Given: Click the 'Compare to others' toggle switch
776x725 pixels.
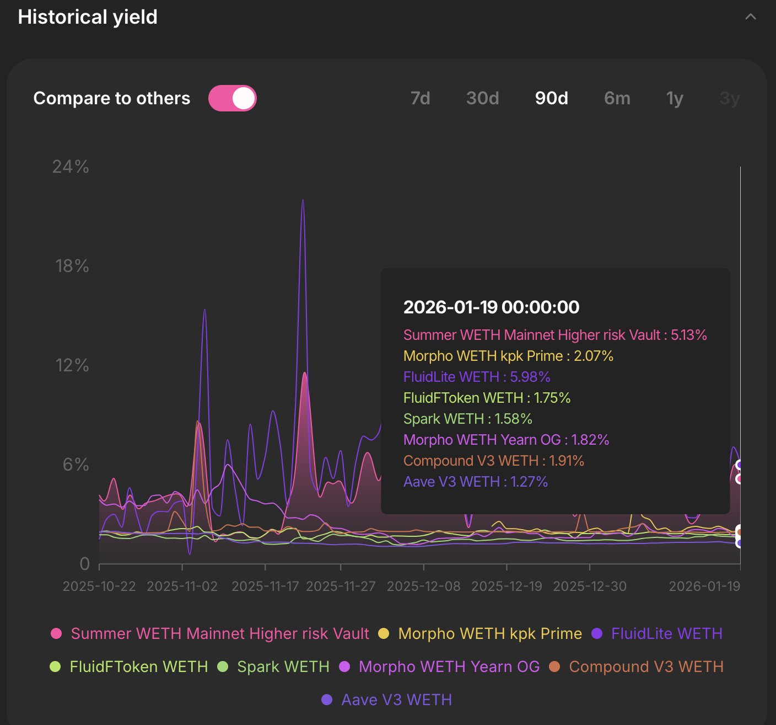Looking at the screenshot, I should [x=232, y=98].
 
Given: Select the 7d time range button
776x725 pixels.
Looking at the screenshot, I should [x=420, y=98].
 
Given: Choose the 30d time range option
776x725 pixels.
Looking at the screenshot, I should [x=482, y=98].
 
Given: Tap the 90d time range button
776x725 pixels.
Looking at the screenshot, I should [x=551, y=98].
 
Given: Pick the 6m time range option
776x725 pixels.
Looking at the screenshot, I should [x=617, y=98].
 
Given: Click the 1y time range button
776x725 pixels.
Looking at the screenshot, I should [x=675, y=98].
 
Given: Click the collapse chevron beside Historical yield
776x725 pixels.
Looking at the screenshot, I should [x=750, y=17].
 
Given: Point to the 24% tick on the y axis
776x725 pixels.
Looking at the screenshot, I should [x=71, y=167].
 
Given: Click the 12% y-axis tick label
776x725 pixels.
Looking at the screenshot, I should [x=72, y=365].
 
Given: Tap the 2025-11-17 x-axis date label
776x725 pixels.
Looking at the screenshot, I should [x=265, y=586].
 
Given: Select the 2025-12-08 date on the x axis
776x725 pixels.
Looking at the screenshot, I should [x=423, y=586].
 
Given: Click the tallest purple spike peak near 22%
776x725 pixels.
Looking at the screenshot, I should [x=303, y=201].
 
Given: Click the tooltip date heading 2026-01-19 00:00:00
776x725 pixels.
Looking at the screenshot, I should [x=491, y=307].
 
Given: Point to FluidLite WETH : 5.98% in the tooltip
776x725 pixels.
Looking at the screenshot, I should [x=477, y=377].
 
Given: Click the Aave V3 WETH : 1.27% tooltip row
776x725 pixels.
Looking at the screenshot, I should [x=475, y=482].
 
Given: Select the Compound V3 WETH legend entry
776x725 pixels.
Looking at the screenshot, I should [x=645, y=667].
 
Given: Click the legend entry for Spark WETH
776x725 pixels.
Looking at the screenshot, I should [x=283, y=667].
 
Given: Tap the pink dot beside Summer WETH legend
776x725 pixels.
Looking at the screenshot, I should [x=56, y=633].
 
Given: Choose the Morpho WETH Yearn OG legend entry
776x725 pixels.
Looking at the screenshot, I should [x=449, y=667].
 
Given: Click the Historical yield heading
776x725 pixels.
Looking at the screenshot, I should [x=88, y=17].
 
